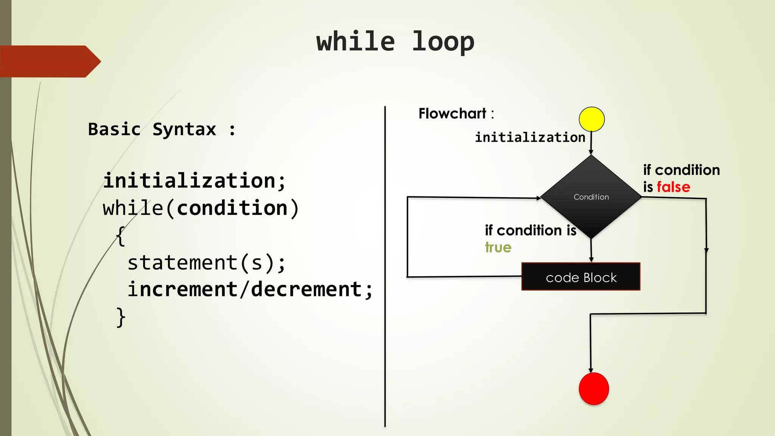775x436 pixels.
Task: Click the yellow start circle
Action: coord(591,119)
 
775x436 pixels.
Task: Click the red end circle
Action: coord(594,389)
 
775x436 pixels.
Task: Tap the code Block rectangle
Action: coord(581,277)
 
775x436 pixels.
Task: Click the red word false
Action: coord(674,187)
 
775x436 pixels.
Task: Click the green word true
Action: coord(498,248)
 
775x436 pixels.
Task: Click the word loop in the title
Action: coord(443,42)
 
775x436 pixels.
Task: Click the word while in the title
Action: coord(356,42)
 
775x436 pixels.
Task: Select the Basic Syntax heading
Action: coord(162,129)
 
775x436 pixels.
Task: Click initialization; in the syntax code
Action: coord(194,180)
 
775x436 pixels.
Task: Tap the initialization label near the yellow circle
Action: coord(530,137)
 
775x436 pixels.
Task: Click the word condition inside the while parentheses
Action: coord(232,208)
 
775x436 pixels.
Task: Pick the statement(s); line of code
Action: coord(206,263)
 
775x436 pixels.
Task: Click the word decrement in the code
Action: coord(307,290)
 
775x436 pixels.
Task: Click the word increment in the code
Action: coord(182,290)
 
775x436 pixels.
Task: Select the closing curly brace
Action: coord(121,317)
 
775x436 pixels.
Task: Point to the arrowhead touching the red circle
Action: coord(591,371)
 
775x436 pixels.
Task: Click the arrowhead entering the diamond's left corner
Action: coord(538,198)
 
